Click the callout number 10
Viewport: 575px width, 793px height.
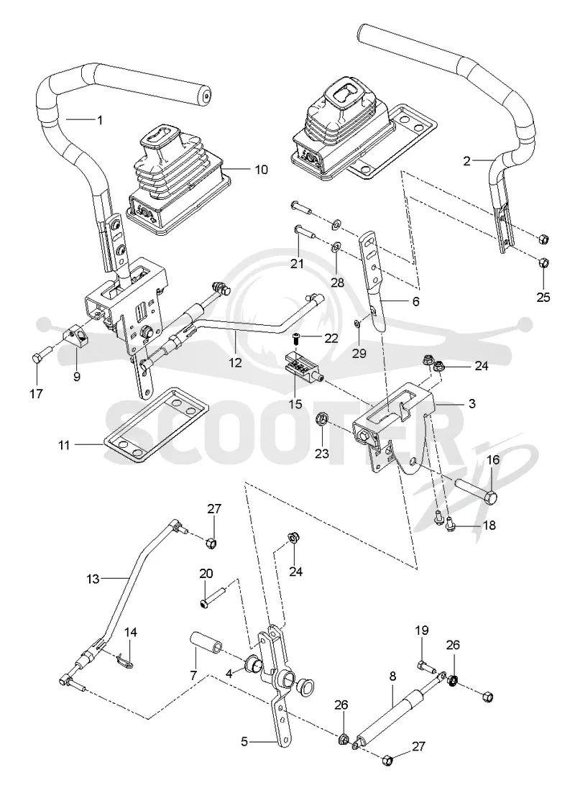261,169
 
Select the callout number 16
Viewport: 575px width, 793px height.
493,459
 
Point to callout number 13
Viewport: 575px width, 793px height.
93,579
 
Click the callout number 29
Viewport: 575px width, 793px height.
359,353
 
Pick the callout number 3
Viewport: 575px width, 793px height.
471,403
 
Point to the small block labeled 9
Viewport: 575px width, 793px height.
75,333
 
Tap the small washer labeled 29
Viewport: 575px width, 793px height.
357,323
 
